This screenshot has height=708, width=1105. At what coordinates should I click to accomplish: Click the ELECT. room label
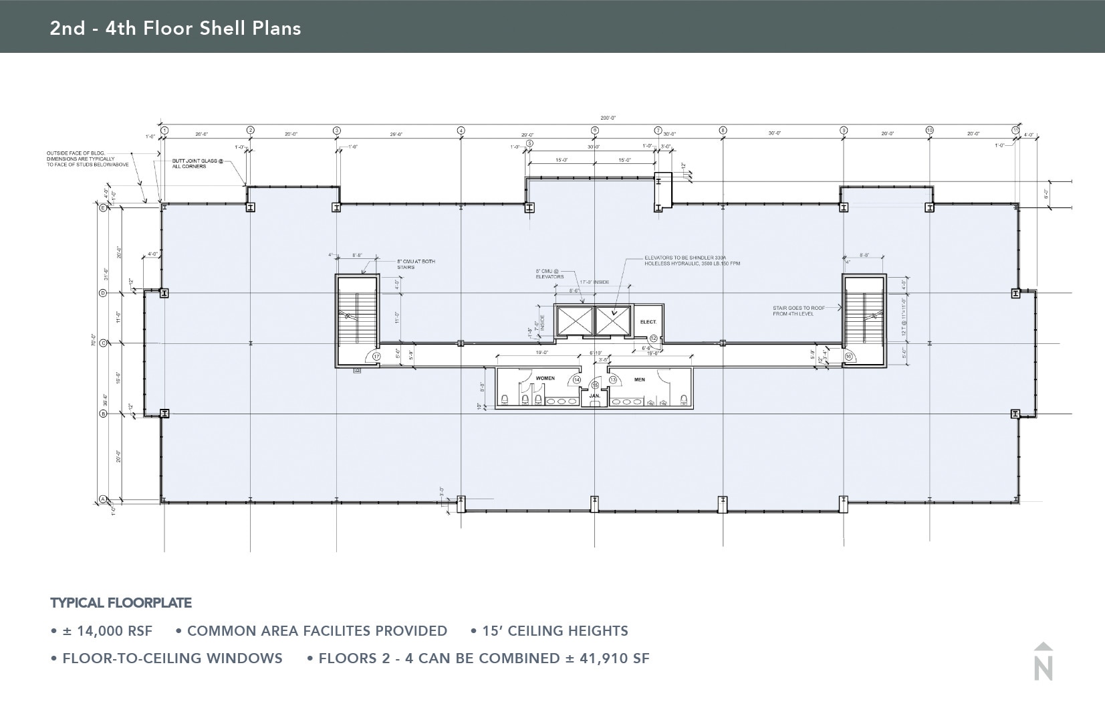click(x=648, y=322)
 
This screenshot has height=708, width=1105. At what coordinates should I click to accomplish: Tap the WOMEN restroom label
click(x=545, y=378)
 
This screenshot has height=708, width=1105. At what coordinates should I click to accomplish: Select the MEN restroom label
click(x=639, y=379)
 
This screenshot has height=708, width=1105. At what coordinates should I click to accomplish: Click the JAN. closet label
click(x=594, y=396)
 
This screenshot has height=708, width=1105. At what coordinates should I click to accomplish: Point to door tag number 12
click(x=653, y=338)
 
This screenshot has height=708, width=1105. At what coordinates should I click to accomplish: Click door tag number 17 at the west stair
click(x=376, y=357)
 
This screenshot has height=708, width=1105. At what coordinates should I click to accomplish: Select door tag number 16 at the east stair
click(x=848, y=357)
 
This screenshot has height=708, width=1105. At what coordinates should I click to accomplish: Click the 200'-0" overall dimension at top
click(x=608, y=118)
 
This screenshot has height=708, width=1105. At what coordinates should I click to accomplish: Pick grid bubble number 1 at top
click(x=164, y=130)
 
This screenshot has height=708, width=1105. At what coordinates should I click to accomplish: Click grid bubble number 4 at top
click(x=461, y=130)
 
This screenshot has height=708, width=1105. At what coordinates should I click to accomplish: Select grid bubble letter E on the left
click(x=103, y=208)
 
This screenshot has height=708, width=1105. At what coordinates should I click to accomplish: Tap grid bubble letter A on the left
click(x=103, y=499)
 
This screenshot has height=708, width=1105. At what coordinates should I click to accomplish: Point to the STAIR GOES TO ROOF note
click(x=798, y=311)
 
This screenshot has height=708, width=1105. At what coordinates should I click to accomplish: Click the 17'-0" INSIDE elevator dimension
click(x=594, y=282)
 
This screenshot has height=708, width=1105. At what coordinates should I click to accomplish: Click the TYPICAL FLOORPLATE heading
click(x=121, y=603)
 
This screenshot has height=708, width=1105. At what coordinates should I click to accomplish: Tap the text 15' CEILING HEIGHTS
click(x=554, y=631)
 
